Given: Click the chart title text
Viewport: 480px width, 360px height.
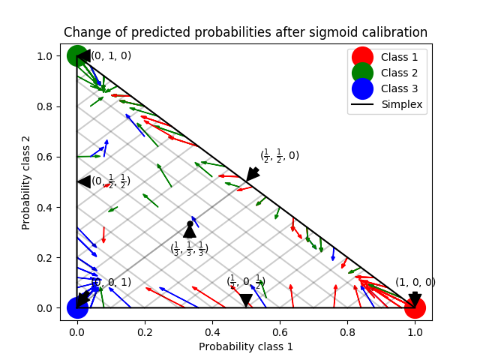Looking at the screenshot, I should click(245, 32).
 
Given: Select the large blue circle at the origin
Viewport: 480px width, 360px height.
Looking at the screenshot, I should click(77, 307).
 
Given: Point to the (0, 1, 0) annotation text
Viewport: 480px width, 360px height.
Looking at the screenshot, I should click(111, 55).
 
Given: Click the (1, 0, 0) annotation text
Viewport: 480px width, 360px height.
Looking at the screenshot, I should click(415, 283).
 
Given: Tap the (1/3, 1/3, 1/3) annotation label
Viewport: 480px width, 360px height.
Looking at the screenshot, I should click(190, 247).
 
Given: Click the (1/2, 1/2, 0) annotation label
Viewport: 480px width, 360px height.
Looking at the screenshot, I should click(280, 156).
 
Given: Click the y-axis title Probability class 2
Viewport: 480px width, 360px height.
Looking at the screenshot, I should click(25, 182).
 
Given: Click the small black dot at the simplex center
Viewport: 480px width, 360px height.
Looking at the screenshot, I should click(190, 224).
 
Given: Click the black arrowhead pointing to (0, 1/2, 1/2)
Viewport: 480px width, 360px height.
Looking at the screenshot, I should click(84, 181).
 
